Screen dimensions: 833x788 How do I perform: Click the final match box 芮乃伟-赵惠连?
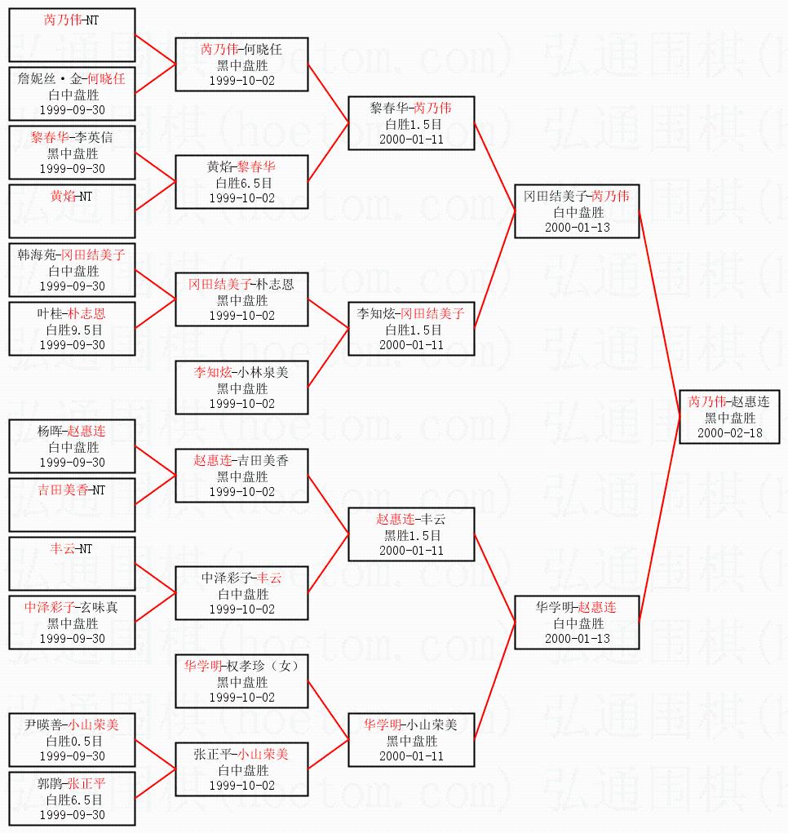click(x=729, y=417)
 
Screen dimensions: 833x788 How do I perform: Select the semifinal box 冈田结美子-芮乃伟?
click(x=578, y=211)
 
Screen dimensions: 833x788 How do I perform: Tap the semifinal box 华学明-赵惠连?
click(x=578, y=623)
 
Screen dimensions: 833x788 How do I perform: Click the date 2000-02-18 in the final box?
click(x=729, y=432)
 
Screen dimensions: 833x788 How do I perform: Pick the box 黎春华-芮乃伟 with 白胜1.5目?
click(x=411, y=123)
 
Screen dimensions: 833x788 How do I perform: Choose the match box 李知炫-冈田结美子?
click(x=411, y=329)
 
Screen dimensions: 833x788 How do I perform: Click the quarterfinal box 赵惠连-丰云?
click(x=411, y=534)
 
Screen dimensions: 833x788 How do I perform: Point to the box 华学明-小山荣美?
click(x=411, y=740)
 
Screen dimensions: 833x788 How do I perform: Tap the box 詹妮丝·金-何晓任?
click(x=72, y=94)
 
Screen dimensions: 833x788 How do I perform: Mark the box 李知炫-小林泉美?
click(x=242, y=388)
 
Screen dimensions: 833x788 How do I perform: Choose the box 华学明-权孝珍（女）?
click(x=242, y=681)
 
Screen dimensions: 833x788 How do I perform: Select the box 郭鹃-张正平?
click(x=72, y=799)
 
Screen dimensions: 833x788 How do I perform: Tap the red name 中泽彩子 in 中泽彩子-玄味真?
click(x=48, y=606)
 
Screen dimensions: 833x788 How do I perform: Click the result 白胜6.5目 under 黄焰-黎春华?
click(x=241, y=183)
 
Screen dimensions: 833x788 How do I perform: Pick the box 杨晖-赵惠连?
click(x=72, y=446)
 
